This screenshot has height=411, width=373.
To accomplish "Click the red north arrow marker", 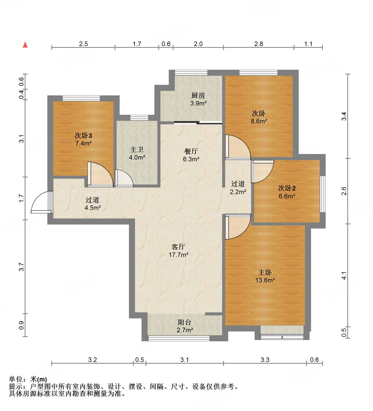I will tap(25, 45).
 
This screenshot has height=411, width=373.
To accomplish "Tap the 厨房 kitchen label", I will tap(198, 95).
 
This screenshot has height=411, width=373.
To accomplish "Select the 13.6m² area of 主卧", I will tap(265, 280).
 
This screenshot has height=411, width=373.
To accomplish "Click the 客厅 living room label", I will tap(178, 246).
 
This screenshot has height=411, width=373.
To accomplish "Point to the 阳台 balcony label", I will tap(184, 322).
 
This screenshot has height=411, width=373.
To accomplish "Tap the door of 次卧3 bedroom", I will tap(100, 175).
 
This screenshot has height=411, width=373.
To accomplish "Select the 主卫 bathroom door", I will tap(124, 178).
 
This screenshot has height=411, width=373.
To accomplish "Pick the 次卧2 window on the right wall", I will tap(322, 194).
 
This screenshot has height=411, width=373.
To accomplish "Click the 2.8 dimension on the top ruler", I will tap(258, 44).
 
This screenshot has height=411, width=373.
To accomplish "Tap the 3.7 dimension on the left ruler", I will tap(22, 267).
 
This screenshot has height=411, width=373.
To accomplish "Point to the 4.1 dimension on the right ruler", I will tap(344, 276).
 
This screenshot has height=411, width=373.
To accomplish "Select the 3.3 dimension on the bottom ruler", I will tap(265, 360).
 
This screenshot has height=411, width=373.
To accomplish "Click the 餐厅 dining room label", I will tap(191, 151).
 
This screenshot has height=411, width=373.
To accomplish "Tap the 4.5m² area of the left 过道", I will tap(93, 208).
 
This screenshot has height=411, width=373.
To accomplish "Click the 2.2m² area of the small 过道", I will tap(238, 192).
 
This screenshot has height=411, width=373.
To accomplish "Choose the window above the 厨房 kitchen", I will tap(191, 73).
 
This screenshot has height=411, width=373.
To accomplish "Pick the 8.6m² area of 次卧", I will tap(259, 121).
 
